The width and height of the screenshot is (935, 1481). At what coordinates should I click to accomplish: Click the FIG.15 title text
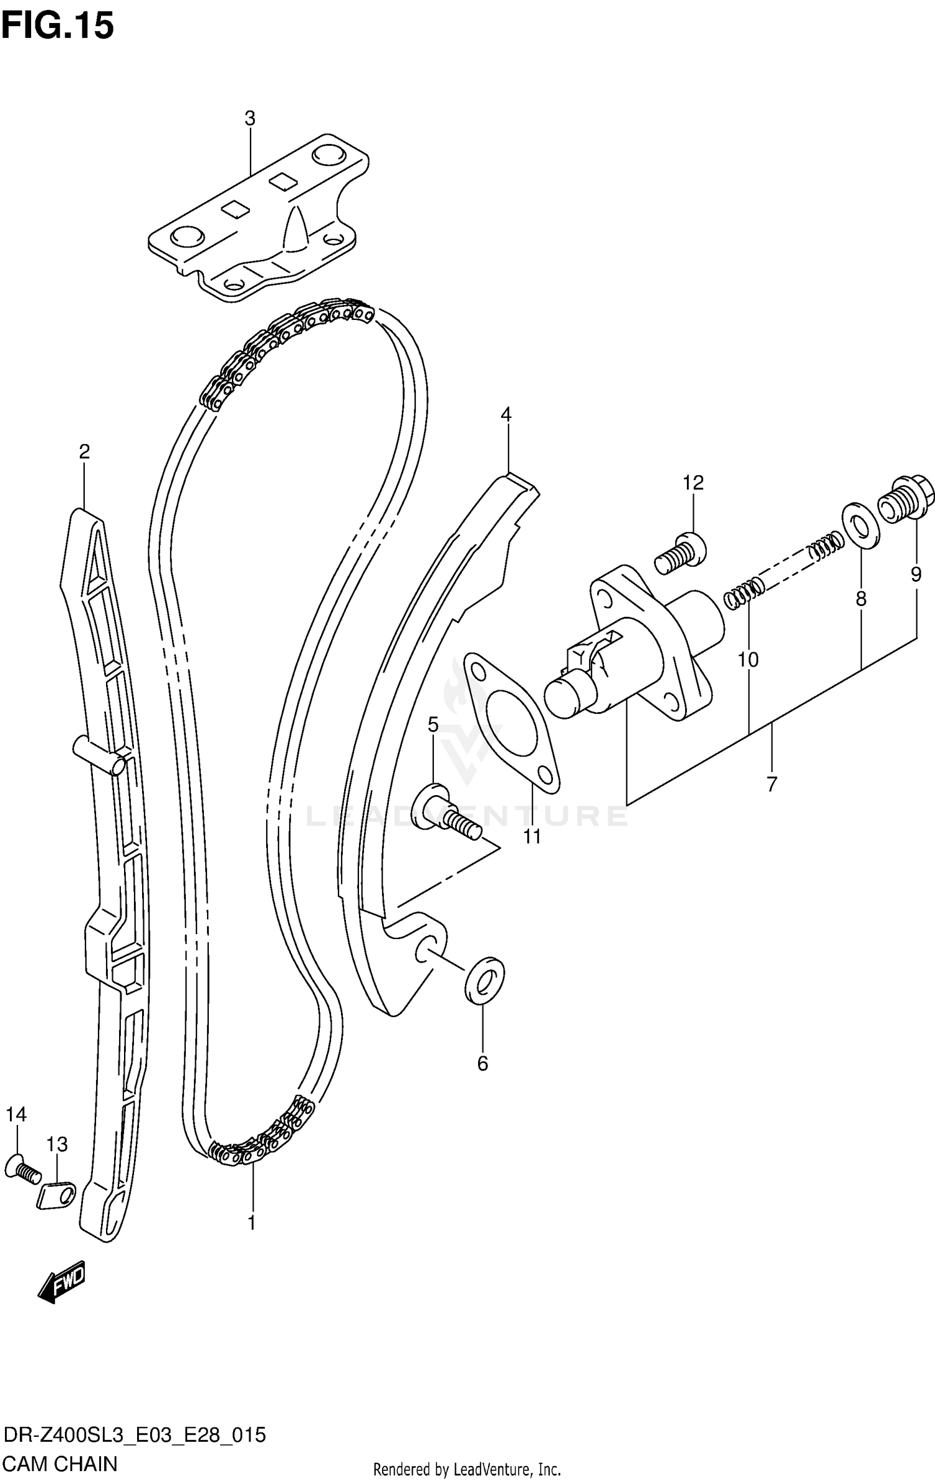click(x=58, y=26)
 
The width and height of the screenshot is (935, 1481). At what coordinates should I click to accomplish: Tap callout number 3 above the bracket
click(x=249, y=118)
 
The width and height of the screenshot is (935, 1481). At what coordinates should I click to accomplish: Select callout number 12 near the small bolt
click(x=693, y=482)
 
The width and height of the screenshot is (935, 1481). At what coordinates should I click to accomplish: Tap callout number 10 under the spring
click(x=748, y=659)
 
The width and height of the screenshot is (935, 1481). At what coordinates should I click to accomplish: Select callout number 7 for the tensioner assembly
click(x=772, y=784)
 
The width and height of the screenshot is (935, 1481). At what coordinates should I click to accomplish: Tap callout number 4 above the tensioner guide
click(x=506, y=414)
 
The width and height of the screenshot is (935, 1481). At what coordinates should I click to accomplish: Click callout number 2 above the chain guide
click(x=84, y=451)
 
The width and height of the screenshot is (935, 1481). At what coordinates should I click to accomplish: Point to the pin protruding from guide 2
click(x=98, y=755)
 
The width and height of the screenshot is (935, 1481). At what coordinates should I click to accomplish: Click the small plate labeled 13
click(x=56, y=1196)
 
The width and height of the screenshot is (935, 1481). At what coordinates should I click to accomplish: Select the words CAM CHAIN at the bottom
click(x=60, y=1463)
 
